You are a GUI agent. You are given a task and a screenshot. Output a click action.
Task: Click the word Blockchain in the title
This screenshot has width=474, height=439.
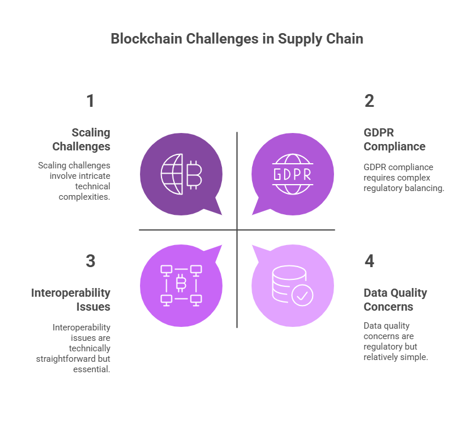coord(146,39)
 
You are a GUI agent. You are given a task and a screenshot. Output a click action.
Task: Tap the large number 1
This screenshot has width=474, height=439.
coord(91,100)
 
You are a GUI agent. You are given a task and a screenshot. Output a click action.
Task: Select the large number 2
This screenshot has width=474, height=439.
coord(369,100)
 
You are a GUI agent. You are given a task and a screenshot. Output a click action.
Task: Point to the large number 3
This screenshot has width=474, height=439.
coord(91,261)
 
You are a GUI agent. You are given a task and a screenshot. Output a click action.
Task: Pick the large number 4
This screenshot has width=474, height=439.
coord(369,261)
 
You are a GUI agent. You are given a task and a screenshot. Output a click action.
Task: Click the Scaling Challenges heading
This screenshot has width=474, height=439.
coord(81,139)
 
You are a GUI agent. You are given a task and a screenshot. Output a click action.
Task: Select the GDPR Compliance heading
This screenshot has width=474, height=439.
coord(394,139)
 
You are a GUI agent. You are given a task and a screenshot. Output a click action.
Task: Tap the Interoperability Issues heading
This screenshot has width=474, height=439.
coord(71,300)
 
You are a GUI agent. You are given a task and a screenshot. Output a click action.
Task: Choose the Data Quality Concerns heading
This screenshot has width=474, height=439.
coord(396,300)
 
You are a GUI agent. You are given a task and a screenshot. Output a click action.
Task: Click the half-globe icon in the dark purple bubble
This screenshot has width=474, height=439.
coord(172,174)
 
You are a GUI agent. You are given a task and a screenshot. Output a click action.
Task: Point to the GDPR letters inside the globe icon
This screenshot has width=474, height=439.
coord(292,174)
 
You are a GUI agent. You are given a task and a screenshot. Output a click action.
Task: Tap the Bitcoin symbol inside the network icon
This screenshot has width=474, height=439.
coord(181,283)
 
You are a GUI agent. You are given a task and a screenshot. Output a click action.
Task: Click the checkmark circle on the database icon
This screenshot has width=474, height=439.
coord(302,295)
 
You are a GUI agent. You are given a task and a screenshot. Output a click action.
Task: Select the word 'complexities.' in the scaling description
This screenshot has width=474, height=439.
coord(84,197)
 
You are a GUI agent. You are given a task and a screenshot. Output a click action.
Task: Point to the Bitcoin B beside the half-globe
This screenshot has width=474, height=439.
coord(194,175)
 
